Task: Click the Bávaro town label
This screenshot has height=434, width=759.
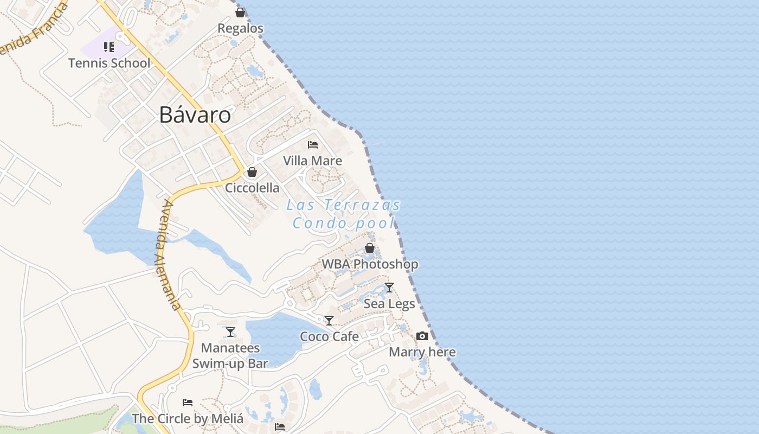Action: coord(195,115)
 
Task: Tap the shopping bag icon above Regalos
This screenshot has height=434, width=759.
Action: coord(240,12)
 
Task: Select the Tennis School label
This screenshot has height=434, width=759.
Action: coord(110,63)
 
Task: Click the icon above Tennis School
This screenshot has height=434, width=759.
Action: coord(109,47)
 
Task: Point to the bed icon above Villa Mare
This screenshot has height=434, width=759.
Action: coord(313,145)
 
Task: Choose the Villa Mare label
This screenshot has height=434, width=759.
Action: coord(313,161)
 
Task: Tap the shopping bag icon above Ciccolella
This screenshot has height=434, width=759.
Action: coord(252,173)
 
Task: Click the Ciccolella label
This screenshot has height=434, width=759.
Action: coord(253,188)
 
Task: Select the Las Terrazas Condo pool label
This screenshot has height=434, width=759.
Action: coord(344,214)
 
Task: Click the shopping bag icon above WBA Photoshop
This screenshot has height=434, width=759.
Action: coord(370,248)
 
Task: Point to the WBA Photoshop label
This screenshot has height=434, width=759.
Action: coord(370,264)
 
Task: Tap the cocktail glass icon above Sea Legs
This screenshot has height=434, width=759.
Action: coord(389,288)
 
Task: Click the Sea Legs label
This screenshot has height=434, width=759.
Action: coord(389,304)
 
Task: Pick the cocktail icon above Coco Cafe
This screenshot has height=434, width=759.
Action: coord(329,321)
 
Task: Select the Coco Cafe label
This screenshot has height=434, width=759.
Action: coord(329,337)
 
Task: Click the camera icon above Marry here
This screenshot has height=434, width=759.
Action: coord(422,336)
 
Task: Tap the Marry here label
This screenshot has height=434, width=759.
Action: coord(422,352)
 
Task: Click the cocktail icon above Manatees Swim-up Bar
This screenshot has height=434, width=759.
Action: coord(230,331)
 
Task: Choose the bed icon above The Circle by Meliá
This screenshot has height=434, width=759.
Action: coord(188,403)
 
